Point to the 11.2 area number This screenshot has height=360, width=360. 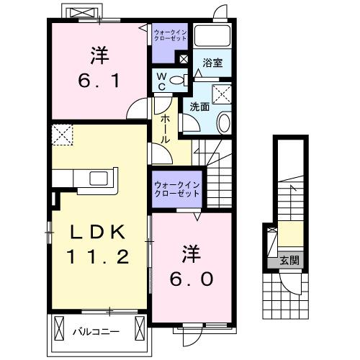point(99,256)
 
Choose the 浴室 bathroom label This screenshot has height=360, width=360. point(212,63)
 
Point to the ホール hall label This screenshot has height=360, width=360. point(166,130)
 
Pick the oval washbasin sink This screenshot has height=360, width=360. point(224,122)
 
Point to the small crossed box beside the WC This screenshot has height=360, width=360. point(184,59)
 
